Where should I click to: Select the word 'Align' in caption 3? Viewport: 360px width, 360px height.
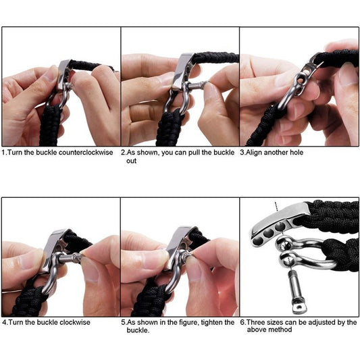coord(254,153)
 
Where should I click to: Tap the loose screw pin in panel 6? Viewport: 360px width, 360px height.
coord(296,292)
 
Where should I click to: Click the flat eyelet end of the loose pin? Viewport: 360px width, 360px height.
coord(299,307)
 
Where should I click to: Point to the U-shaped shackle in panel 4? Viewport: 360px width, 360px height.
coord(53,274)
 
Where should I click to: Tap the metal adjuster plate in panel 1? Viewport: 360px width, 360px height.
coord(63,74)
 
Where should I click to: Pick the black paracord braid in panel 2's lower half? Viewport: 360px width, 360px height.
coord(169,128)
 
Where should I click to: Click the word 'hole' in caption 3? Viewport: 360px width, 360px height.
coord(297,153)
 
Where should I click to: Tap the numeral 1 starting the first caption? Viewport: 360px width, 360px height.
coord(4,153)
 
